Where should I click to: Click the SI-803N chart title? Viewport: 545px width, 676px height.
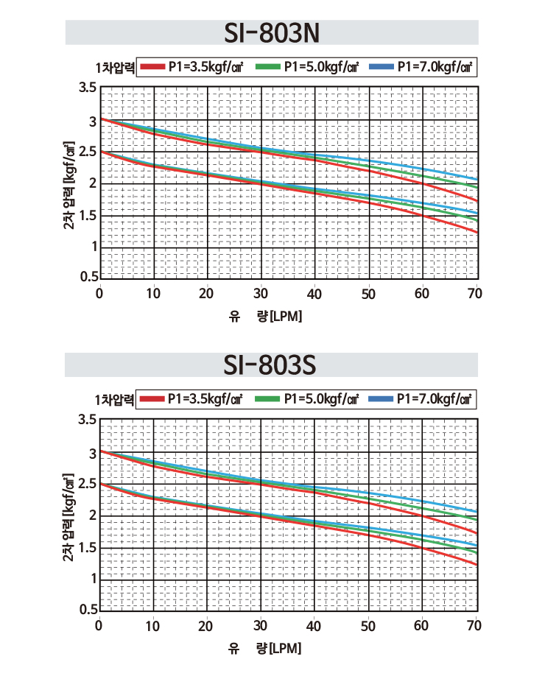click(272, 32)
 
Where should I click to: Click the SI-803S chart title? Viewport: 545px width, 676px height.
click(270, 365)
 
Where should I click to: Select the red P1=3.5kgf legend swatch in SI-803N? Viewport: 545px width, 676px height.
click(152, 67)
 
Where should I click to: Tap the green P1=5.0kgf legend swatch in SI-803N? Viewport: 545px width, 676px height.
click(268, 67)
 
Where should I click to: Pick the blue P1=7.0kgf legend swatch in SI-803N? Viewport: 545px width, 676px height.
click(381, 67)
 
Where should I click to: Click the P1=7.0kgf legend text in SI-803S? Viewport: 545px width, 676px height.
click(435, 399)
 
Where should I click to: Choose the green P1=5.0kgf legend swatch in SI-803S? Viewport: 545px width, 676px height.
click(267, 399)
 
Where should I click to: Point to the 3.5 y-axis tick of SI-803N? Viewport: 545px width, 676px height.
click(88, 88)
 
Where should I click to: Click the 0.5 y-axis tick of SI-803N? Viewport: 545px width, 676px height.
click(89, 276)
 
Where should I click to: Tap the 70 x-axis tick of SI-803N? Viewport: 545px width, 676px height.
click(475, 294)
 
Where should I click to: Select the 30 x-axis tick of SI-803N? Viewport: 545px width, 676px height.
click(261, 294)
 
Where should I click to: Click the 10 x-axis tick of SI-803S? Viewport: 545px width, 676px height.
click(152, 626)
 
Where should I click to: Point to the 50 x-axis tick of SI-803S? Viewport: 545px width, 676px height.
click(368, 626)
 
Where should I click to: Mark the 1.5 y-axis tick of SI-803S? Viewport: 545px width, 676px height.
click(88, 548)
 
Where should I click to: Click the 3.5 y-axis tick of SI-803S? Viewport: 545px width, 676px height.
click(88, 419)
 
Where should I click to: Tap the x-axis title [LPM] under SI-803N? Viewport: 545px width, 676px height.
click(286, 317)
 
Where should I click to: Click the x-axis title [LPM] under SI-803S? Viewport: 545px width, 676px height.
click(285, 649)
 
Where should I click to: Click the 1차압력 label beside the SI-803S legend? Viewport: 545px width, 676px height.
click(114, 400)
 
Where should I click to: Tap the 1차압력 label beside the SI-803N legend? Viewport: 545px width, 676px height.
click(115, 68)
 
